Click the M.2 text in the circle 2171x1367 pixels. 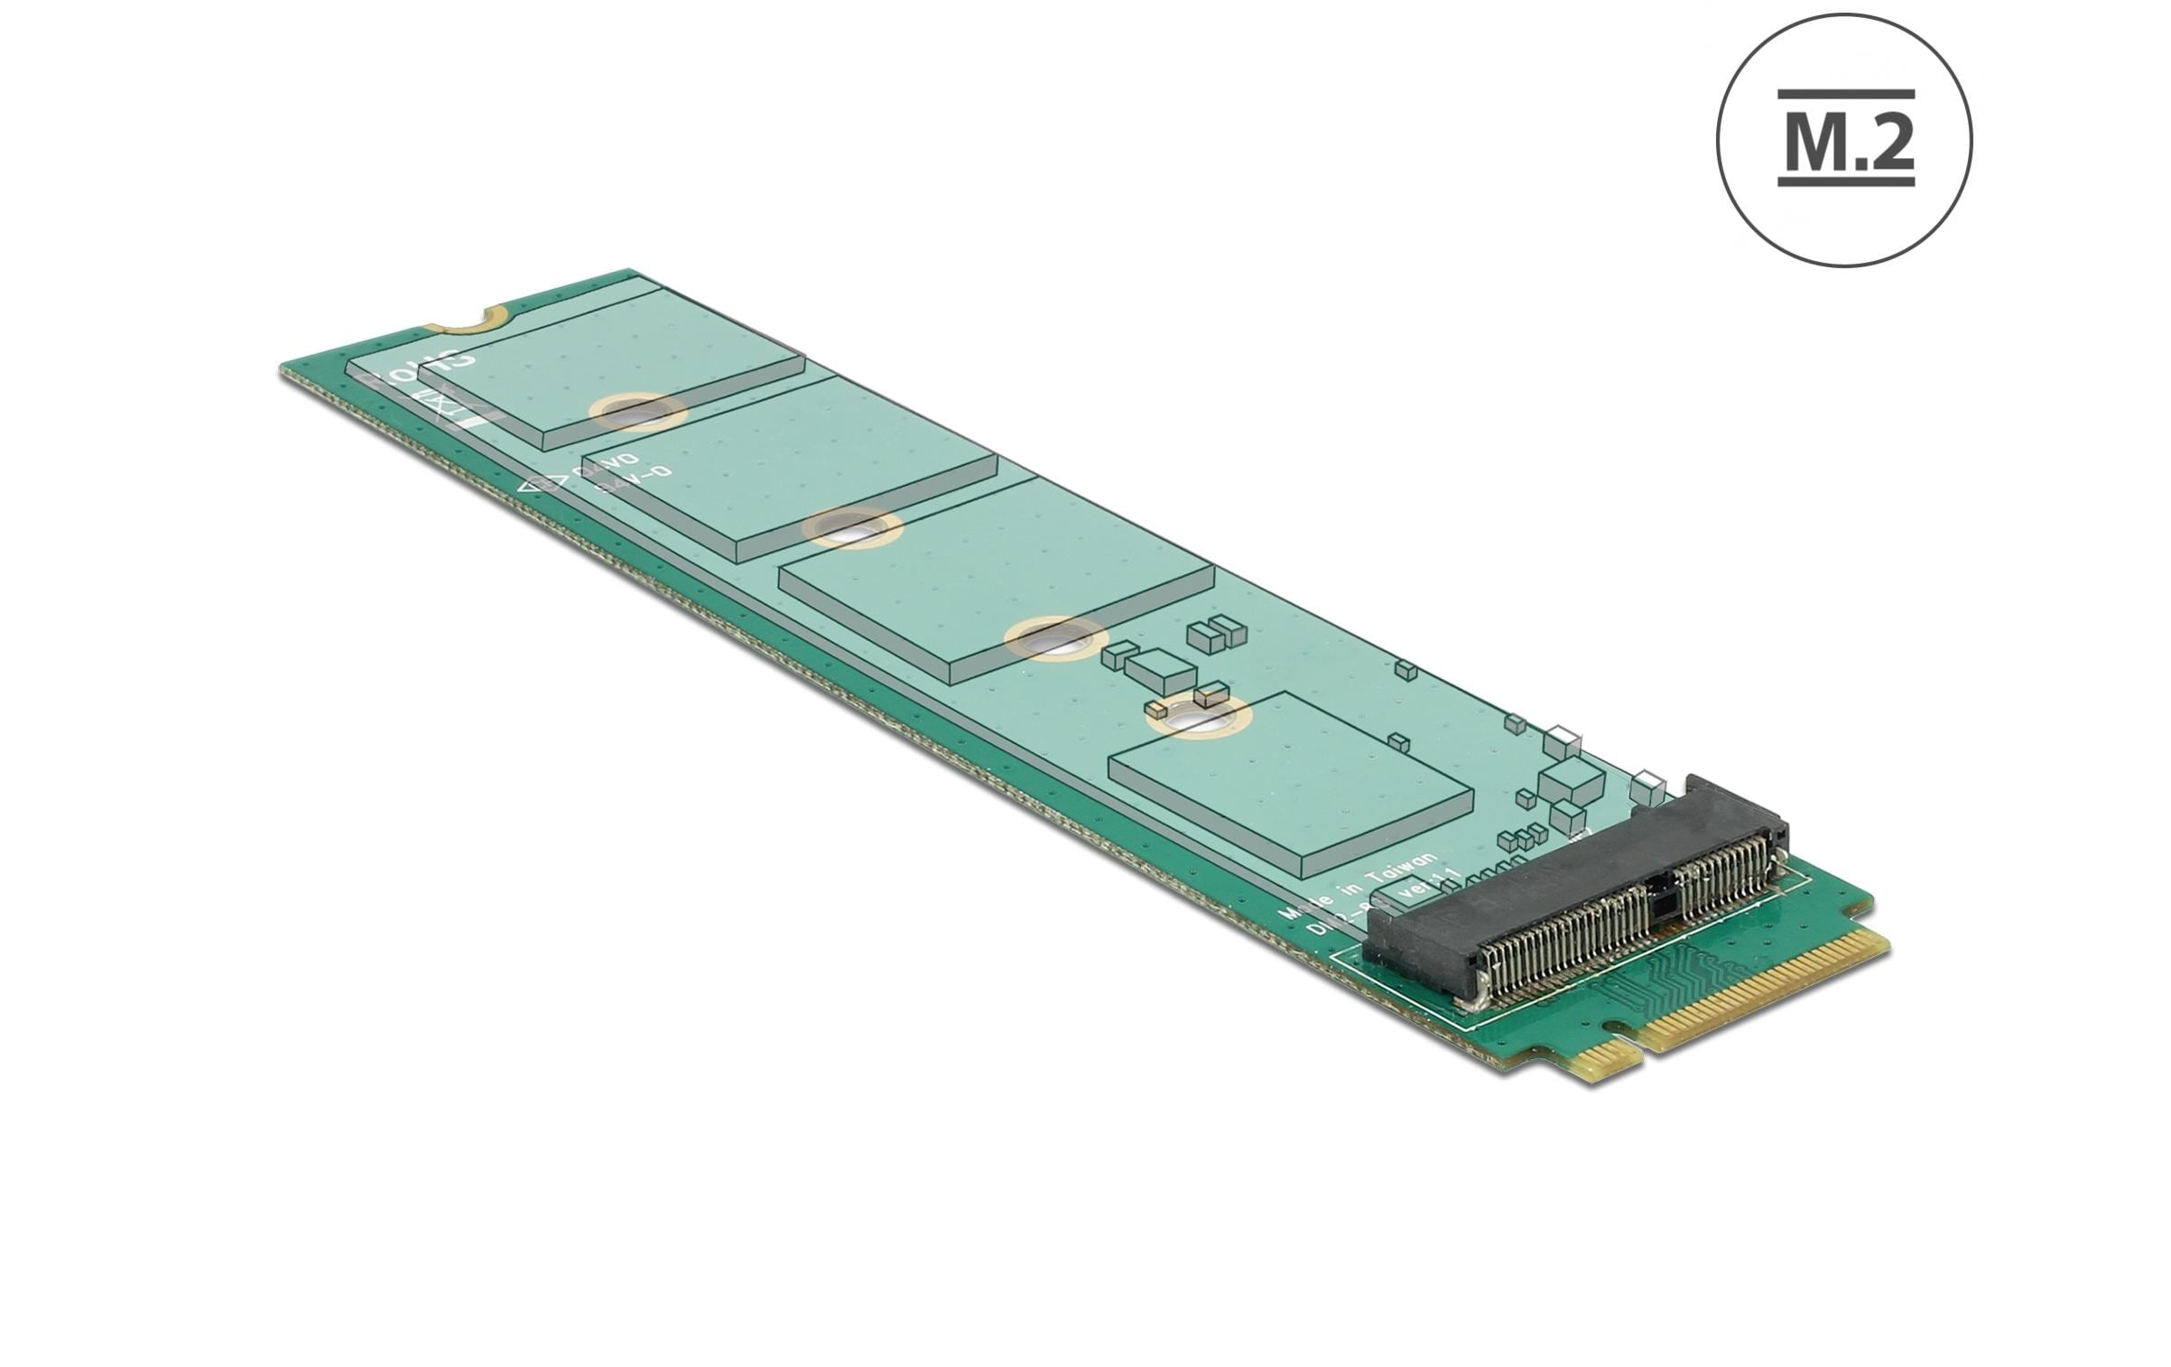pos(1845,144)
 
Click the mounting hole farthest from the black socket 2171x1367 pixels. pos(637,412)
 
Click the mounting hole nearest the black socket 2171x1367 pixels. pos(1199,722)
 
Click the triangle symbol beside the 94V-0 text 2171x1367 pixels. pos(539,484)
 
